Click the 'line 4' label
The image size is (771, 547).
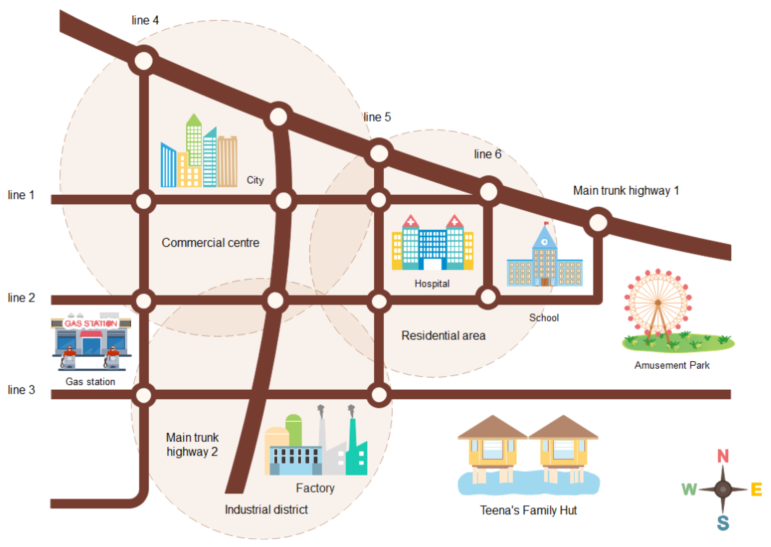pyautogui.click(x=145, y=20)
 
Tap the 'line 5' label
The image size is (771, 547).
pyautogui.click(x=377, y=117)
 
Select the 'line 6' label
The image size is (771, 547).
pyautogui.click(x=488, y=154)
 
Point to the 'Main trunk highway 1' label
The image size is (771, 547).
pyautogui.click(x=626, y=191)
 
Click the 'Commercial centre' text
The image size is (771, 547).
pyautogui.click(x=210, y=243)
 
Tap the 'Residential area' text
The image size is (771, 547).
pyautogui.click(x=443, y=335)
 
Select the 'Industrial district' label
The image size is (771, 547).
pyautogui.click(x=266, y=510)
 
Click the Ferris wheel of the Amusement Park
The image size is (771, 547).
pyautogui.click(x=658, y=302)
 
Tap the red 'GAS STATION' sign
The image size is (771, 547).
pyautogui.click(x=91, y=323)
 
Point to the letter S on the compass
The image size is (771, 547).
pyautogui.click(x=723, y=523)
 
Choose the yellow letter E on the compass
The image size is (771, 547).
pyautogui.click(x=756, y=489)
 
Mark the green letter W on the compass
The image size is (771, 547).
pyautogui.click(x=689, y=489)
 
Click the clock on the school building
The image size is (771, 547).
pyautogui.click(x=544, y=242)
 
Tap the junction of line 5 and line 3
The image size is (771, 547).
pyautogui.click(x=379, y=394)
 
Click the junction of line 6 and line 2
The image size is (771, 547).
pyautogui.click(x=488, y=297)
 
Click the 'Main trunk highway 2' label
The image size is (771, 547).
pyautogui.click(x=192, y=445)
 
